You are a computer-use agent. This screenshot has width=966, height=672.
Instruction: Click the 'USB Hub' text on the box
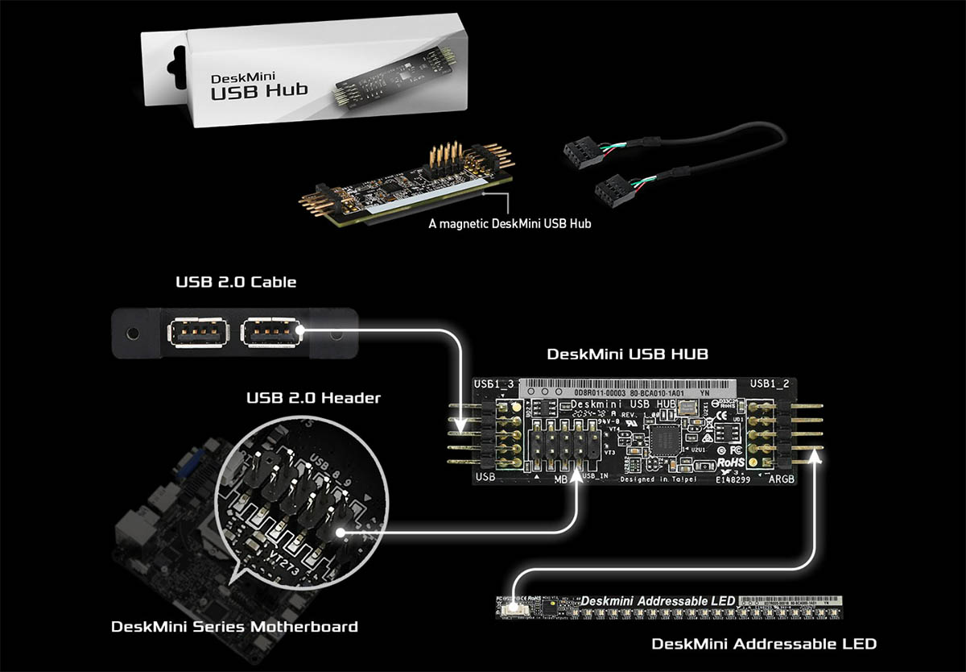[258, 90]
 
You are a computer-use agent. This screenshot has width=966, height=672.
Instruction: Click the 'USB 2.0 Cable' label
[236, 282]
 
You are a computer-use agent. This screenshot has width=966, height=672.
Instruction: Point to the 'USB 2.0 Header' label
[314, 397]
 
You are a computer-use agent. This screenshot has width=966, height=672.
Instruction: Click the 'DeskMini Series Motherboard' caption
[234, 626]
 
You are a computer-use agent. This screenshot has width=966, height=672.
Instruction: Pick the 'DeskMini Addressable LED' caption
[763, 644]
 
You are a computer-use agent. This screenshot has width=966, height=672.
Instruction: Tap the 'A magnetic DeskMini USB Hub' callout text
[510, 223]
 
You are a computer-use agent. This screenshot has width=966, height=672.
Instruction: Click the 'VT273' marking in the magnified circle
[287, 556]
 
